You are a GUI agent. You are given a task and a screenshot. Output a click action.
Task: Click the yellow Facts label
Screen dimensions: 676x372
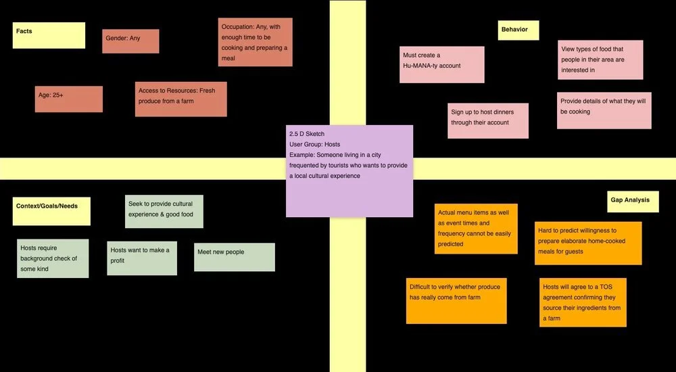click(49, 35)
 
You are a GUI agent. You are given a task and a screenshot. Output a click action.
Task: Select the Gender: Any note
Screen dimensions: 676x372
click(130, 41)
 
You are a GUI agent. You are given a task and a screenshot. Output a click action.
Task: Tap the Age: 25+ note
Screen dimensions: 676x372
click(69, 99)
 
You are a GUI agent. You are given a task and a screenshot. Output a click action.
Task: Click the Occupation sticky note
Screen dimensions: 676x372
click(256, 42)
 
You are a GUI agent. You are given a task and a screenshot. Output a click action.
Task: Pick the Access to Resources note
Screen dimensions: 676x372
click(180, 99)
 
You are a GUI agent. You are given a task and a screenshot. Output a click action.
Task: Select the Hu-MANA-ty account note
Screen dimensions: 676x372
click(442, 64)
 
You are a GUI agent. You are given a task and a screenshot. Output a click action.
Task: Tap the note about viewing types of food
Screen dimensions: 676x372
click(600, 60)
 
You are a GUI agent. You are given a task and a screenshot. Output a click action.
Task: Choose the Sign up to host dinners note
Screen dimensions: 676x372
click(488, 120)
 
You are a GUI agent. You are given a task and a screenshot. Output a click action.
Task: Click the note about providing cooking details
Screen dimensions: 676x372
click(604, 110)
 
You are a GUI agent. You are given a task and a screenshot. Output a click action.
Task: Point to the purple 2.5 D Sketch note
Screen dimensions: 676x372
click(349, 170)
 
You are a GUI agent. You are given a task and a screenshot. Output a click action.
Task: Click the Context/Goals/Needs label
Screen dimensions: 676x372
click(51, 211)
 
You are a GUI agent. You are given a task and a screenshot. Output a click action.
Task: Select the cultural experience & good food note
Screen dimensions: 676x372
click(164, 211)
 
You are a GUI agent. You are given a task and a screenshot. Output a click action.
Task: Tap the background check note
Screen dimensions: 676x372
click(53, 258)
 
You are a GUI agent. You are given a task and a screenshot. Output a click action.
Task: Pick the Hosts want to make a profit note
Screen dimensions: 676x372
click(142, 258)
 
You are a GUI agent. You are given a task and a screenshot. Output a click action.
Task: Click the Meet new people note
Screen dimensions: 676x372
click(234, 257)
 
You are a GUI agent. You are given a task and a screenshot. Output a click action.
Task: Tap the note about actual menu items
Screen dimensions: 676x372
click(476, 228)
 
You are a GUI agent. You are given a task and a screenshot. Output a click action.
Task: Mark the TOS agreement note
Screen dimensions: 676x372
click(583, 302)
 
